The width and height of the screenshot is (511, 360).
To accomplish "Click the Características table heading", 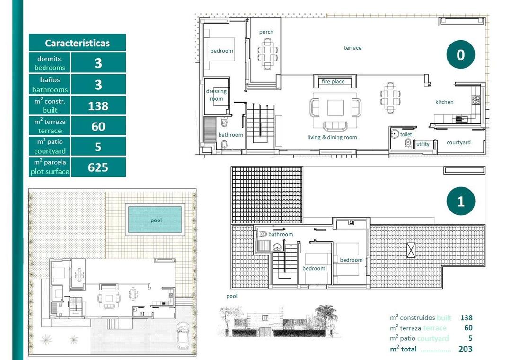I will coord(77,43).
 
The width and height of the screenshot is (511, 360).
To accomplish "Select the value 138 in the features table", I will coord(98,106).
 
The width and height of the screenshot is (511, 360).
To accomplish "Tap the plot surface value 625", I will coord(98,167).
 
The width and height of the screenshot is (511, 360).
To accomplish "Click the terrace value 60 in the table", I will coord(98,127).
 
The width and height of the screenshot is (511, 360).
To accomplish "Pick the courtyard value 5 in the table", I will coord(98,147).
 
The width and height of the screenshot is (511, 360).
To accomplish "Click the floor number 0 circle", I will coord(460,55).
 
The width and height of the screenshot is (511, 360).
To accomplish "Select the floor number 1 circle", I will coord(460,202).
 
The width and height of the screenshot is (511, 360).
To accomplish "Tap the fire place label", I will coord(333,82).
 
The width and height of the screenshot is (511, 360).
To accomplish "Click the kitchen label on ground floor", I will coord(444,102).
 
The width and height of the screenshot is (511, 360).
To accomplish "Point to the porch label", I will coord(266,32).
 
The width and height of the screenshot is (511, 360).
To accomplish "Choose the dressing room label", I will coord(216,95).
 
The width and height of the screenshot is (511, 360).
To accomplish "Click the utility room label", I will coord(423,144).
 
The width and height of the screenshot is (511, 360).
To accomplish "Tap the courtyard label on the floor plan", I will coord(458,142).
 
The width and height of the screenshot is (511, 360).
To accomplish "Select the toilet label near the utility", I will coord(406,134).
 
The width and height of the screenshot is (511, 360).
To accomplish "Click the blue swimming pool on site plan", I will coord(155,220).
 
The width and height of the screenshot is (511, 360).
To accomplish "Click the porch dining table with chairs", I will coord(268,52).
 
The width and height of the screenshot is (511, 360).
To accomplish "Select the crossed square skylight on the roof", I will coord(411,249).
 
